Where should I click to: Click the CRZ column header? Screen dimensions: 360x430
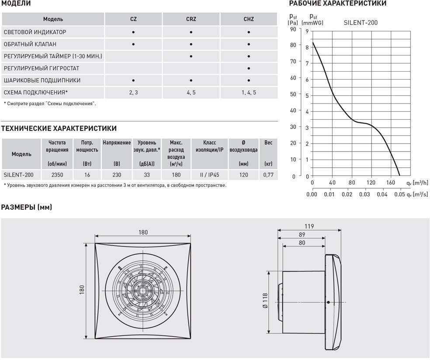pos(191,19)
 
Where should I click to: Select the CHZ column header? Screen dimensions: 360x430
pos(248,19)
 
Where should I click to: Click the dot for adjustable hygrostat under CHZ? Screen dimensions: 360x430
pos(248,69)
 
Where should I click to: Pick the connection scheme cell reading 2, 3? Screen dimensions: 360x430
pos(133,93)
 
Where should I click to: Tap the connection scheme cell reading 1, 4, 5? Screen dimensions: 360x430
pos(248,93)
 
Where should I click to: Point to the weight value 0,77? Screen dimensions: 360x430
pos(268,175)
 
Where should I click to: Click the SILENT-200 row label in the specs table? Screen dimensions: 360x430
pos(18,175)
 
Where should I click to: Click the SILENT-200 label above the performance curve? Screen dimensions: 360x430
pos(360,23)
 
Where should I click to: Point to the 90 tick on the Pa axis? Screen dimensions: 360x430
pos(293,29)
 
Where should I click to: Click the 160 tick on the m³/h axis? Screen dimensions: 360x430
pos(390,183)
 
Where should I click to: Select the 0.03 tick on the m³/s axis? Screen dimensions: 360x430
pos(364,194)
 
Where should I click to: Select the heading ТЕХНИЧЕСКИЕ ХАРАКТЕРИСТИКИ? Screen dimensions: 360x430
pos(59,128)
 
